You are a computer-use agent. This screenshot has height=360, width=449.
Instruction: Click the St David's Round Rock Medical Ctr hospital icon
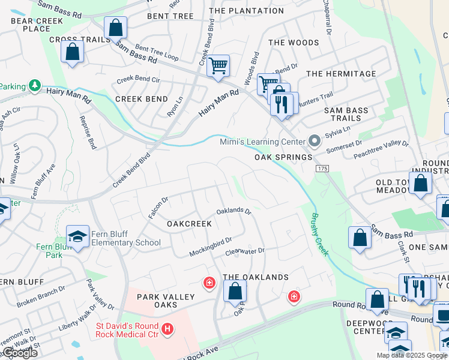[167, 329]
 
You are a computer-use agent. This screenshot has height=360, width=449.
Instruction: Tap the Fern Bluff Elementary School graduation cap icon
[77, 236]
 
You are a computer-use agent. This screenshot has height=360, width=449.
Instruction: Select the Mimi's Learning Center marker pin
[313, 142]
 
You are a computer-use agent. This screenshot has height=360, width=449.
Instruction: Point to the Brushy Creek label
[319, 235]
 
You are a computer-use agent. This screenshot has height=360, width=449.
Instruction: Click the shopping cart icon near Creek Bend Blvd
[218, 65]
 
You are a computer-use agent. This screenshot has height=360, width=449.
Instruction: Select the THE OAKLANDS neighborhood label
[256, 277]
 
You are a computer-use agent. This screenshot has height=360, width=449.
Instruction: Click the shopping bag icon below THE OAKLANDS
[235, 291]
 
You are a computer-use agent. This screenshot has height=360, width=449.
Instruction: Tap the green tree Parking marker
[35, 86]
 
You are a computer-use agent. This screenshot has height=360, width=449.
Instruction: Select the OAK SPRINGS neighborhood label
[283, 157]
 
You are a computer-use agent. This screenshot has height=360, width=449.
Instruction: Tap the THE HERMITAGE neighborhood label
[341, 74]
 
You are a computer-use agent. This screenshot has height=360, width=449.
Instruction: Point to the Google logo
[19, 353]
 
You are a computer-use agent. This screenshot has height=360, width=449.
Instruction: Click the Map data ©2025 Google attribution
[412, 355]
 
